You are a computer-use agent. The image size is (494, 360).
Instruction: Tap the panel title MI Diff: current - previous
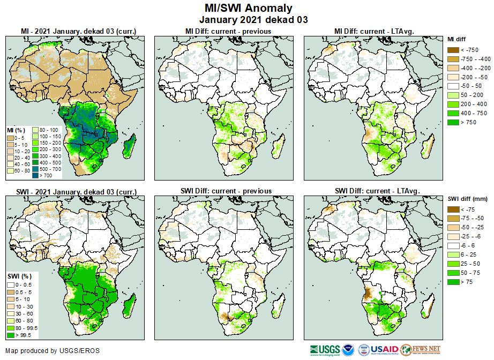(x=228, y=31)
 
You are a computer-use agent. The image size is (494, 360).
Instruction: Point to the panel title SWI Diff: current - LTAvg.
(x=377, y=191)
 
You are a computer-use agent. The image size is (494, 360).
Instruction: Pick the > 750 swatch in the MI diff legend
(x=453, y=123)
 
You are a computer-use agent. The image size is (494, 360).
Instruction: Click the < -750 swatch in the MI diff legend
(x=453, y=50)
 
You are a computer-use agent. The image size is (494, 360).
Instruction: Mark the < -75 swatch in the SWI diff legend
(x=453, y=209)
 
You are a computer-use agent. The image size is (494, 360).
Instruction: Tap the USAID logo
(x=385, y=350)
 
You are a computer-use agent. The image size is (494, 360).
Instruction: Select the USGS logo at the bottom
(x=324, y=350)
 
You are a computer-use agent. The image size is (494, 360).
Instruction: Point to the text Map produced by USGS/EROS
(x=53, y=351)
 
